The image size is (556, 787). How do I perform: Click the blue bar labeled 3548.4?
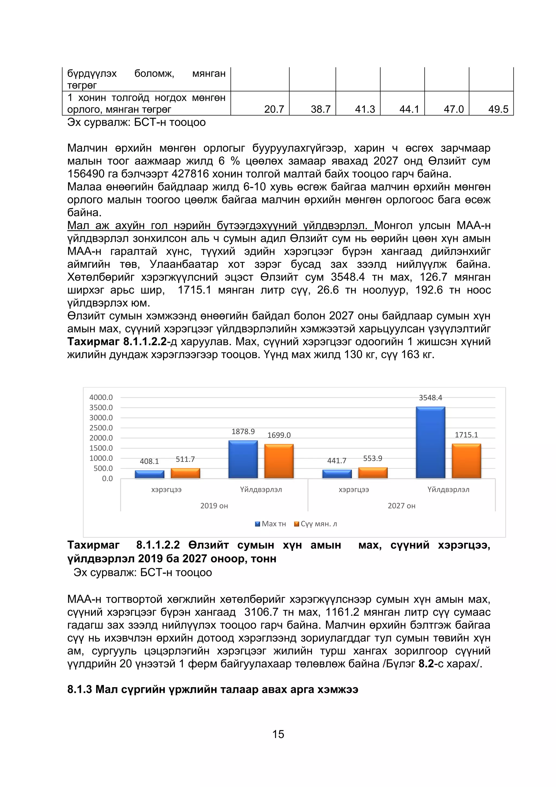430,442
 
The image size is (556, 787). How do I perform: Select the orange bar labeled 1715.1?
466,461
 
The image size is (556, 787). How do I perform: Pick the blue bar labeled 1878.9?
243,459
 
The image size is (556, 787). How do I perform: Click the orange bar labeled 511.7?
185,473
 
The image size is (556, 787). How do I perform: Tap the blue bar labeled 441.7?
337,474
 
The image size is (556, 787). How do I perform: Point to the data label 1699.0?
279,435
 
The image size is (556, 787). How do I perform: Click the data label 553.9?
372,458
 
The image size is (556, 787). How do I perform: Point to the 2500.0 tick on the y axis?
101,428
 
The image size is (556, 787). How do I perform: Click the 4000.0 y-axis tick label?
101,397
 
